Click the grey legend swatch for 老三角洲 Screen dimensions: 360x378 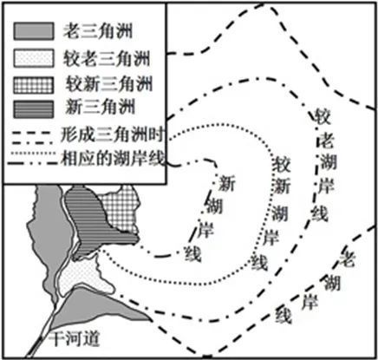36,33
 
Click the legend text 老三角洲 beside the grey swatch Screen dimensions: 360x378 94,33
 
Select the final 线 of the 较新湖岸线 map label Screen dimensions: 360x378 257,263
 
